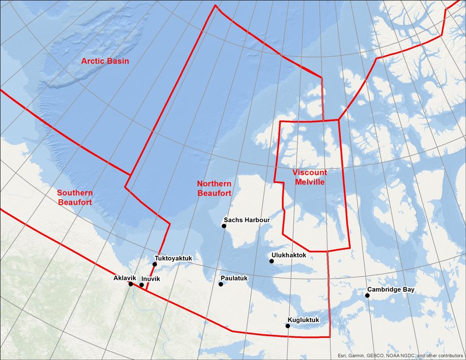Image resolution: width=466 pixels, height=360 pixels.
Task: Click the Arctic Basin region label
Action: [105, 61]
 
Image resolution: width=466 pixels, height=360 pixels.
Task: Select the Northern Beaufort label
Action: [214, 188]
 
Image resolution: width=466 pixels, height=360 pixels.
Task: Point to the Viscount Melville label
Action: [309, 178]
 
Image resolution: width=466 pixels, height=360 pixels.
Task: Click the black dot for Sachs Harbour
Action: [224, 225]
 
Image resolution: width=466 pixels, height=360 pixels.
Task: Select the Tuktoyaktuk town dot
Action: [155, 264]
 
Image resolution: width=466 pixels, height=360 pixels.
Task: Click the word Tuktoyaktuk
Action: [174, 258]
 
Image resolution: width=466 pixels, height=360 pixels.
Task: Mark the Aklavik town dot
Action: [130, 284]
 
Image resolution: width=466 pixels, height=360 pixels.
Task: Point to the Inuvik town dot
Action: [142, 285]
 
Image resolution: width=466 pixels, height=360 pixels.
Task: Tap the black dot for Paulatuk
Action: [221, 284]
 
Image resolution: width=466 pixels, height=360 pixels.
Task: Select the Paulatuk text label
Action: [235, 278]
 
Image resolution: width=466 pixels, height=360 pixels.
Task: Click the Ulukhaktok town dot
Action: [271, 261]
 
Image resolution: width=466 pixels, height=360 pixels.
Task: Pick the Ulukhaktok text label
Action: [288, 255]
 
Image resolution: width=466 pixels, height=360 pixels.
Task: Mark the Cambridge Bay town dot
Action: [368, 295]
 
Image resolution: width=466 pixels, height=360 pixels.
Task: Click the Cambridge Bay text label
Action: [390, 290]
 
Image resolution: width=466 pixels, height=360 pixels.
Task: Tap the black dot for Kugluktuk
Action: [287, 326]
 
